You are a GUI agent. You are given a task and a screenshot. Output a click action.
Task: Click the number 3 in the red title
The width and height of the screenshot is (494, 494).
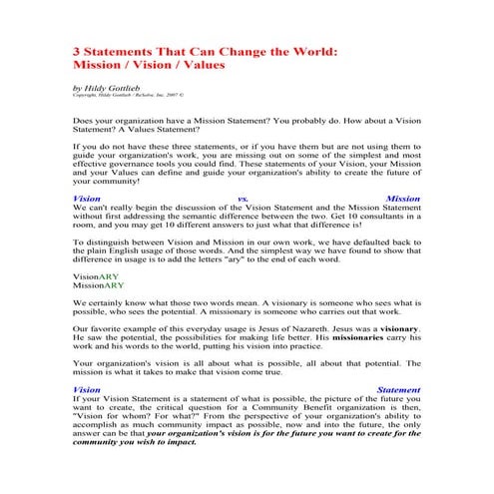(x=78, y=49)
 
